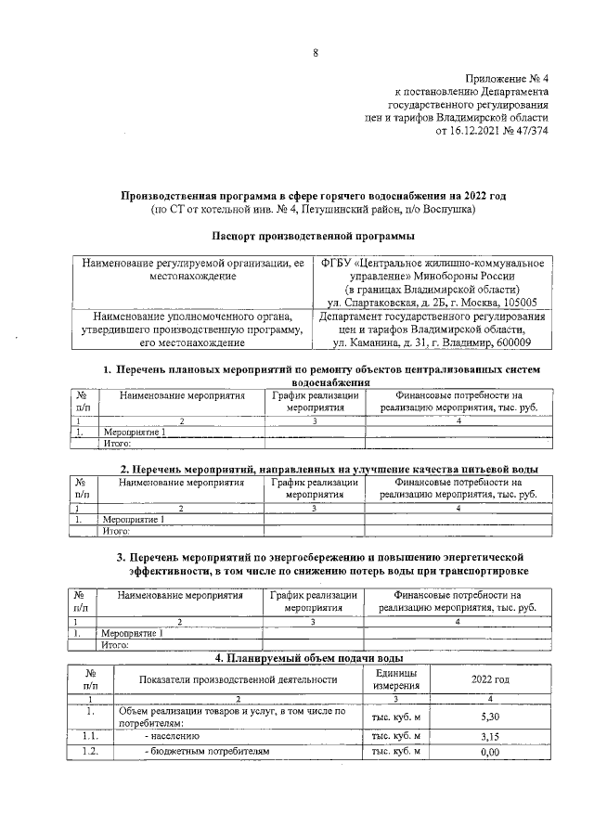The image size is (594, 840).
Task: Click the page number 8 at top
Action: click(x=315, y=53)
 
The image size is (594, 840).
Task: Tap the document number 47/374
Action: click(x=530, y=131)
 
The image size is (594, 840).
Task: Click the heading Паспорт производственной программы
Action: click(x=297, y=237)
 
